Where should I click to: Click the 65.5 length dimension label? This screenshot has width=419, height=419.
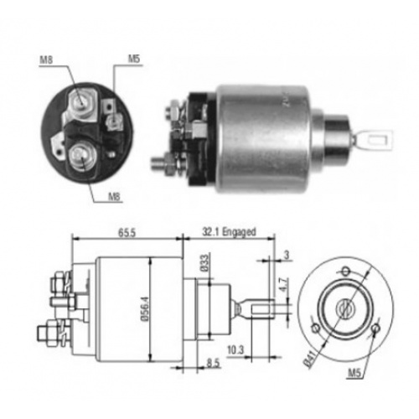point(127,232)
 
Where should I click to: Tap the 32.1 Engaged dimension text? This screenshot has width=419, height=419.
point(229,232)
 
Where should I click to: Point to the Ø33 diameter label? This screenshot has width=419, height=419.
point(204,263)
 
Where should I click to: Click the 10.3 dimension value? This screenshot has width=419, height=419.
point(235,350)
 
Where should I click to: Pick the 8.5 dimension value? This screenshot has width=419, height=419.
point(214,363)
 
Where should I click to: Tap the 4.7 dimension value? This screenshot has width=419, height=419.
point(283,285)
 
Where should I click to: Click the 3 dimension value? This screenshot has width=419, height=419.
point(287,256)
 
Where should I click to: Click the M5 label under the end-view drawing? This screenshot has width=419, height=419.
point(354,373)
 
